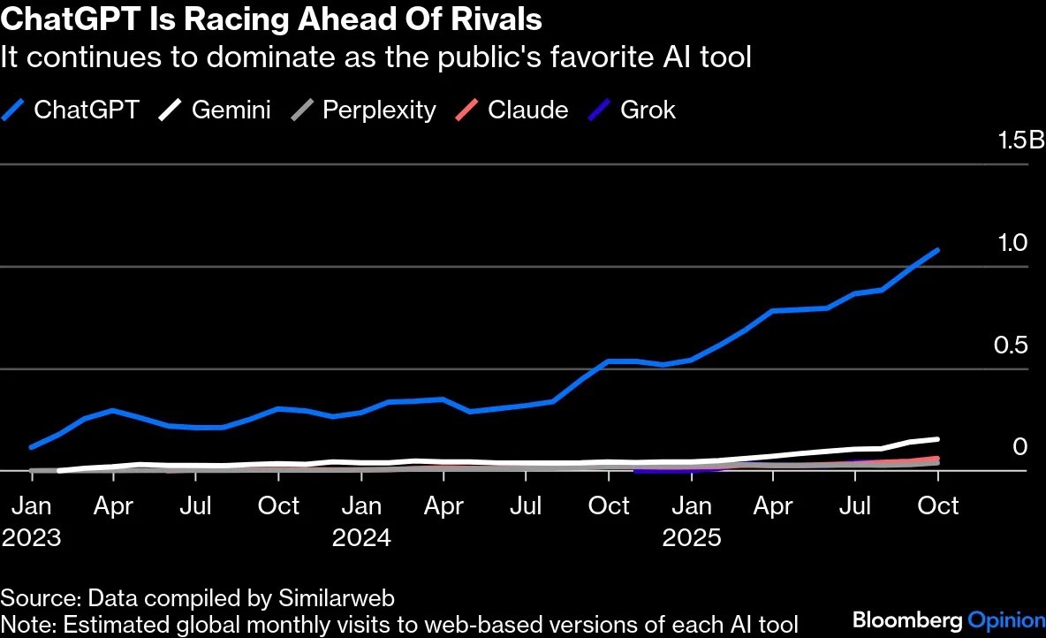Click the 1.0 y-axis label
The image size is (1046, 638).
[1009, 243]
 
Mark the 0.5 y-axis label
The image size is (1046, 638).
[1009, 346]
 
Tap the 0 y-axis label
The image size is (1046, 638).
[1020, 447]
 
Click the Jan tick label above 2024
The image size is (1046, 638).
[361, 506]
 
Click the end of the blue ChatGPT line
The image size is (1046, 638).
[937, 250]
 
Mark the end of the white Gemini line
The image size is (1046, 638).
[937, 439]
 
